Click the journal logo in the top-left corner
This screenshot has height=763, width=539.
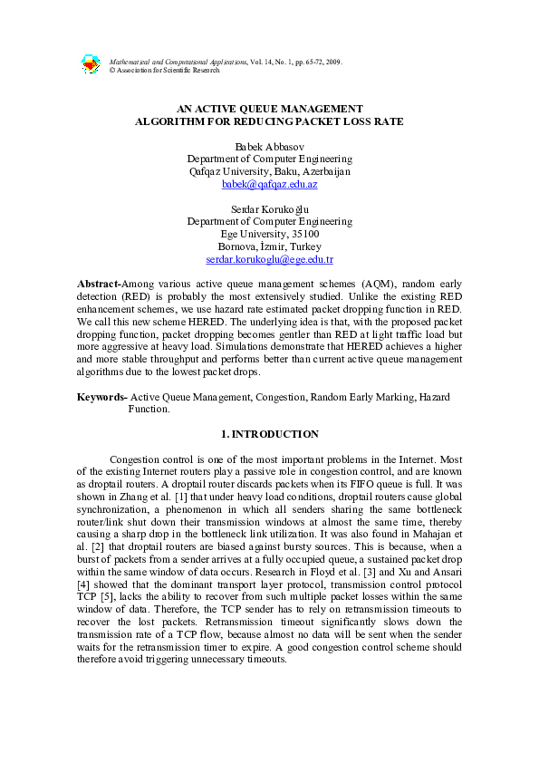(91, 64)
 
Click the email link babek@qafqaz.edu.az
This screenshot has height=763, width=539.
(269, 184)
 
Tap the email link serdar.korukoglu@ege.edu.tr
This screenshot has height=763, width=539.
(269, 259)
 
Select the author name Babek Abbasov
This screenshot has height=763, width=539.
(269, 145)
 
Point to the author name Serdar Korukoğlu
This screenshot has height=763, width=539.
(269, 208)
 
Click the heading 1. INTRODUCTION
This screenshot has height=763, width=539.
(269, 434)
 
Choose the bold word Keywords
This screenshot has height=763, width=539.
(101, 397)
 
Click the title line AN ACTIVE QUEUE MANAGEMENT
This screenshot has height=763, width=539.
(269, 108)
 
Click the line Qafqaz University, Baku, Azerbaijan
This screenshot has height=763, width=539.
(269, 171)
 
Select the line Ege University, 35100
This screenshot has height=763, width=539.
(269, 234)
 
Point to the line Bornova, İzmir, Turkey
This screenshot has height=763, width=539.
(269, 246)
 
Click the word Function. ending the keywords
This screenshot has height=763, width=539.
(149, 410)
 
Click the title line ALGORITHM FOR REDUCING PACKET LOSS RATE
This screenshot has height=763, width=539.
(269, 121)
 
